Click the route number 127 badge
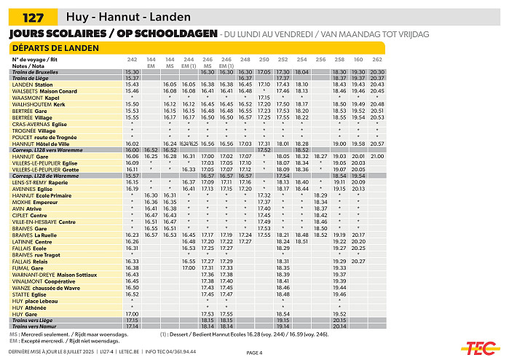(31, 17)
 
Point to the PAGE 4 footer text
(254, 353)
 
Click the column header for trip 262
(377, 59)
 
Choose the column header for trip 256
(320, 59)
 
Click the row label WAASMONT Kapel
(36, 97)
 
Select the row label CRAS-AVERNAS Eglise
(41, 124)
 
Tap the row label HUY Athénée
(31, 308)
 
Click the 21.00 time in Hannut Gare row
(377, 156)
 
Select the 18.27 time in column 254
(320, 156)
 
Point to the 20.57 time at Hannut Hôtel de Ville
(377, 144)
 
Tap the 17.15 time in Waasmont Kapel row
(264, 97)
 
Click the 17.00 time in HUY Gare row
(132, 313)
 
